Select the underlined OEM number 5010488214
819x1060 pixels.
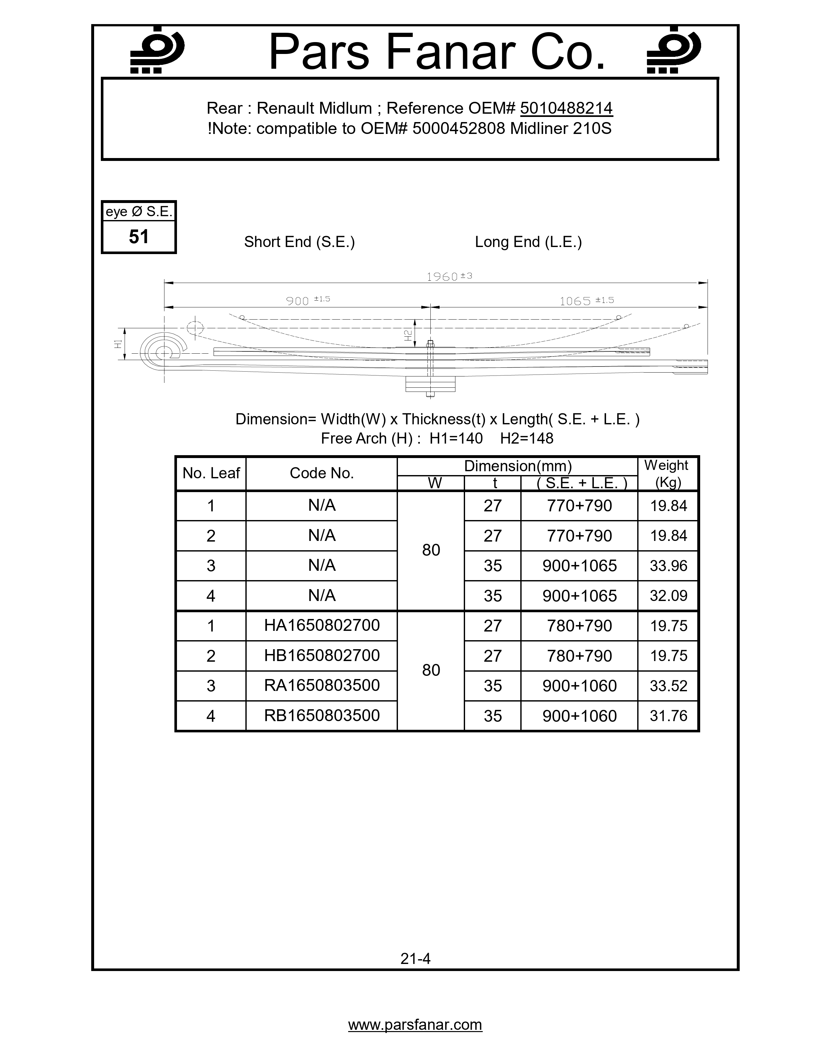click(566, 108)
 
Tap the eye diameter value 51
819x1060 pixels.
click(139, 237)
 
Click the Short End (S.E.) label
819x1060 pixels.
click(299, 242)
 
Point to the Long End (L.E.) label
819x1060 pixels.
click(528, 242)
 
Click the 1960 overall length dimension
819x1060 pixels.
click(443, 277)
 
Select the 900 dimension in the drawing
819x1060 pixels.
click(297, 301)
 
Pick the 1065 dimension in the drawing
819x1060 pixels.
click(575, 301)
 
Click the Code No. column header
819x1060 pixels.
click(322, 473)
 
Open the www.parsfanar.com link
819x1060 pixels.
click(415, 1025)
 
